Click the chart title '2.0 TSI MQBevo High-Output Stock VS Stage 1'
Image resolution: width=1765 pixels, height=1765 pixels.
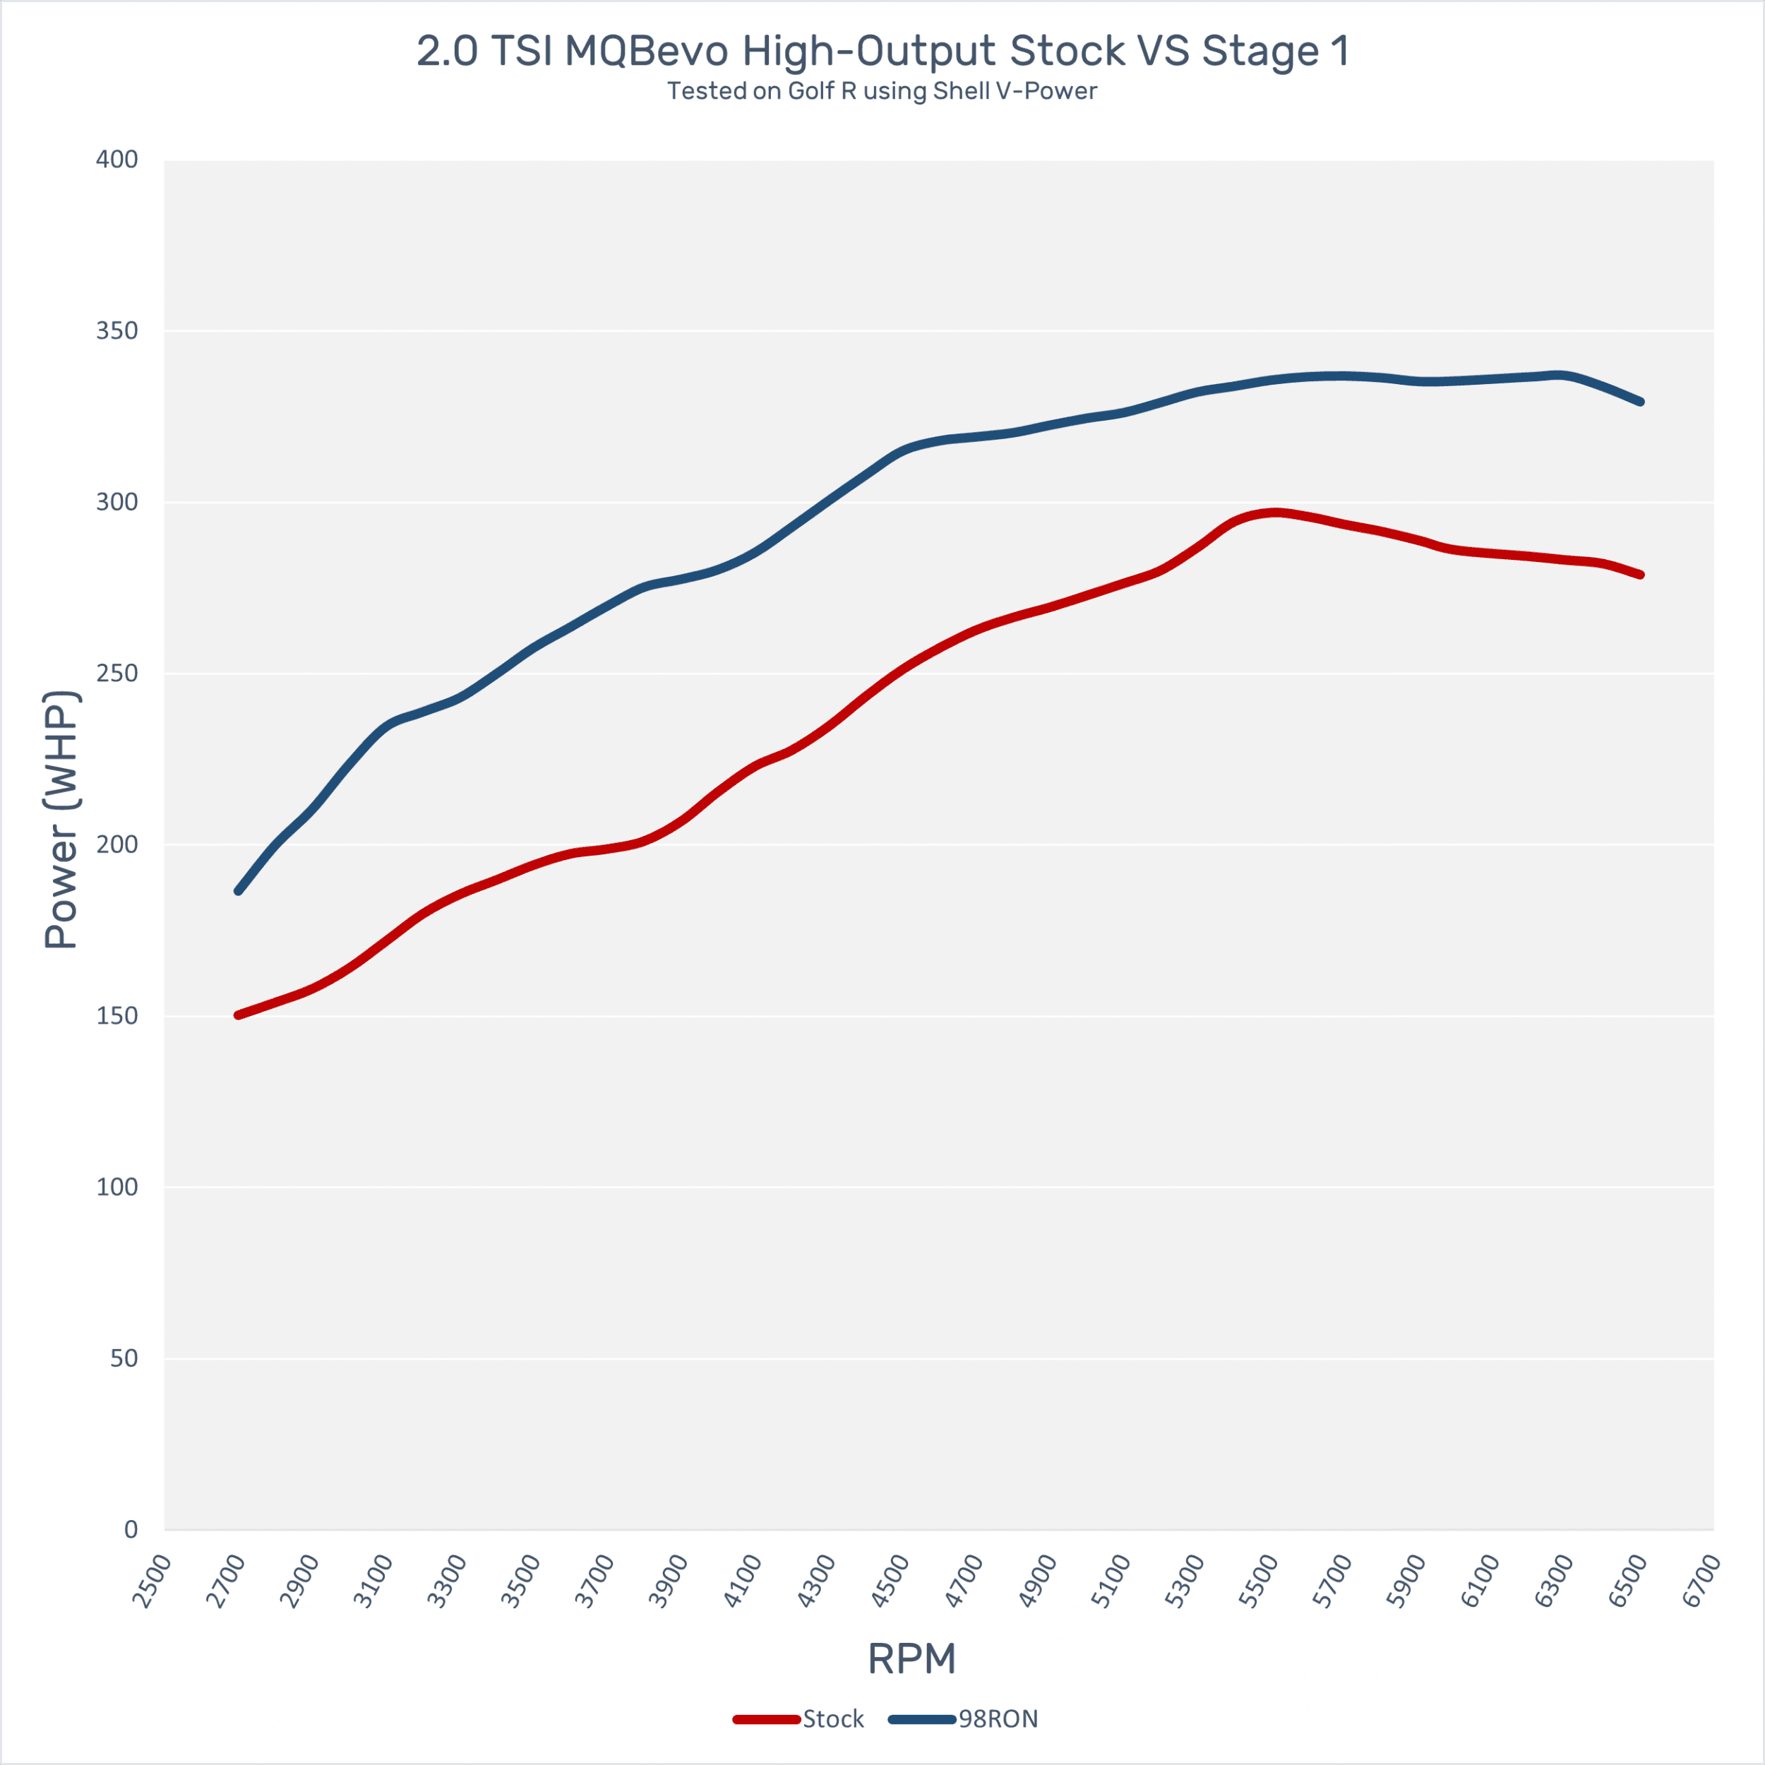tap(882, 51)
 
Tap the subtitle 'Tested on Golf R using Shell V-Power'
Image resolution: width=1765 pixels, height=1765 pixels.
tap(882, 91)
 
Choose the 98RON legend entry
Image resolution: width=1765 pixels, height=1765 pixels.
tap(964, 1719)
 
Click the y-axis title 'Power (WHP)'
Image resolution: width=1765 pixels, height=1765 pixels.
tap(61, 820)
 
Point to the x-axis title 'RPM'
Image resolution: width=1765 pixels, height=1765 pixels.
tap(911, 1659)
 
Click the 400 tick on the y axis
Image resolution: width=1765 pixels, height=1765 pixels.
tap(117, 160)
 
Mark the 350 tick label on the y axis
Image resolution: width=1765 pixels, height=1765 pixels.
tap(117, 330)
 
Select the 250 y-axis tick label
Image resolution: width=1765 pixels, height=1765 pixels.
tap(117, 674)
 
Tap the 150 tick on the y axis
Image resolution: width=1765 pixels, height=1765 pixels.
tap(117, 1016)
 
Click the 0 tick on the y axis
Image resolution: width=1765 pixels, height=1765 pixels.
tap(131, 1529)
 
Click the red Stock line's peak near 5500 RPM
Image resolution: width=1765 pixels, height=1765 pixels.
tap(1275, 513)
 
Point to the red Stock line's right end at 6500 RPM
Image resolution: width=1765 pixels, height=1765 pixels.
tap(1641, 575)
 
